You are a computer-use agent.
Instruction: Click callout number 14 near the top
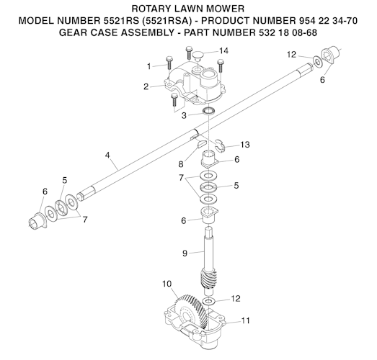click(223, 51)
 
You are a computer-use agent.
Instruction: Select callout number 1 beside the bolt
click(149, 66)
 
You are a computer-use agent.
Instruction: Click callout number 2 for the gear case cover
click(146, 86)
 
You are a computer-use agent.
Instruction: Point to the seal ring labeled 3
click(209, 111)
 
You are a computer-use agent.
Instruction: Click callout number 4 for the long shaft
click(107, 155)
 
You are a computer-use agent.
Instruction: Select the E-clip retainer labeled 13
click(220, 145)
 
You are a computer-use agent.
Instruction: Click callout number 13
click(245, 145)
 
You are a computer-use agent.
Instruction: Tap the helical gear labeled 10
click(191, 310)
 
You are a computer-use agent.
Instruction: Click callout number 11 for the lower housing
click(245, 320)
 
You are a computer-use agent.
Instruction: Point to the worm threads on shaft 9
click(209, 279)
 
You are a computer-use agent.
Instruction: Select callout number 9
click(185, 253)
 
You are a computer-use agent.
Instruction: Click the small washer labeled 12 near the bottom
click(208, 301)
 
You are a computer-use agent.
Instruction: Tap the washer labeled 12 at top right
click(318, 62)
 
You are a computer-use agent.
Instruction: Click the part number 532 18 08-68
click(288, 32)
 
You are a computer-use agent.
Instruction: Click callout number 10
click(167, 284)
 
